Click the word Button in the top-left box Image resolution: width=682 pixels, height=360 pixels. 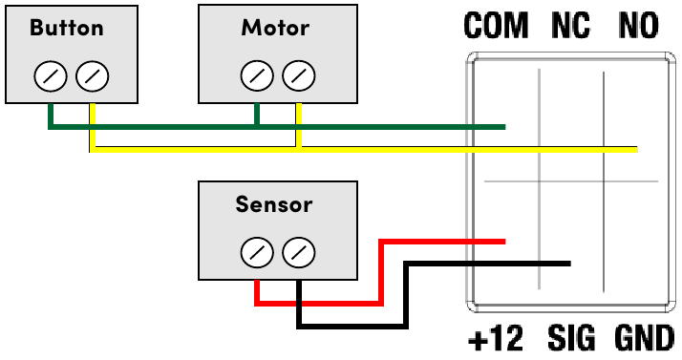[66, 27]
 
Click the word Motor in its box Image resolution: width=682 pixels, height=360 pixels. [276, 27]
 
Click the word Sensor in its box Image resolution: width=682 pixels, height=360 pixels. [274, 204]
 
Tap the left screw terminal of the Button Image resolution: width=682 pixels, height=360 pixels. [50, 74]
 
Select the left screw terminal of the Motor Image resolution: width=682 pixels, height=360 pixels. [257, 74]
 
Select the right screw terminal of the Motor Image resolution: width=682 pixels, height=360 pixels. [299, 74]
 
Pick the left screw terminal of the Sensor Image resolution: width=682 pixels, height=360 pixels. [256, 253]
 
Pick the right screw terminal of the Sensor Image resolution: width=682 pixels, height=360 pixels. [299, 253]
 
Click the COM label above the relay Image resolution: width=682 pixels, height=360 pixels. [496, 27]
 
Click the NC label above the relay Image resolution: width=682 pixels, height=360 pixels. [570, 27]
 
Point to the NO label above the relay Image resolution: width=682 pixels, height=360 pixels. [638, 27]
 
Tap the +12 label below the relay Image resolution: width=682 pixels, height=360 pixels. [497, 338]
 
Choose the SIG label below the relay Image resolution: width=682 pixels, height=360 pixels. [571, 338]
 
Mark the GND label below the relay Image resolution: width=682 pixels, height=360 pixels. [643, 338]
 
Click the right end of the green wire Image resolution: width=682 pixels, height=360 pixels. [502, 126]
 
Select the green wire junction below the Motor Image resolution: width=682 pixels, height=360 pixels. [257, 126]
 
